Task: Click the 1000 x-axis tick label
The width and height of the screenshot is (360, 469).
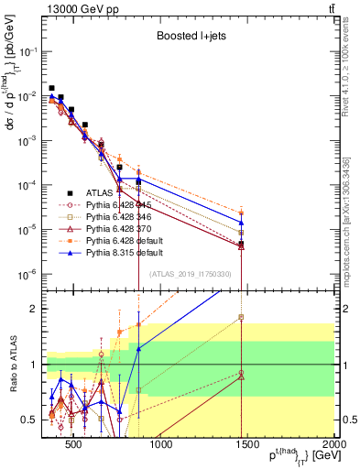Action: [x=160, y=445]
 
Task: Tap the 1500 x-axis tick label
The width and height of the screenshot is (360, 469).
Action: [x=247, y=445]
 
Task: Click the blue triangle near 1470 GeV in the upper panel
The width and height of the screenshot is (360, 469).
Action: [x=241, y=223]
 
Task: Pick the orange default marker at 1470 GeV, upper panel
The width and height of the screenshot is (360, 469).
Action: [x=241, y=213]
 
